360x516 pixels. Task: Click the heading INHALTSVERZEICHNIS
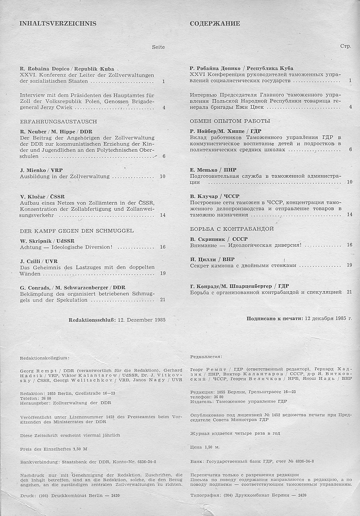point(58,24)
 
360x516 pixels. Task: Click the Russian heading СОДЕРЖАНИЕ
point(215,24)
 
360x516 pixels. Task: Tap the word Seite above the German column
point(158,47)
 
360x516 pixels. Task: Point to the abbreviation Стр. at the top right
point(345,47)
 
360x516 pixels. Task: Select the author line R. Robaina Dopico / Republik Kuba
point(67,68)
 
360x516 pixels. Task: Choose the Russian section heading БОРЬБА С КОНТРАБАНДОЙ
point(231,228)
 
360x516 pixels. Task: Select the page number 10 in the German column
point(162,176)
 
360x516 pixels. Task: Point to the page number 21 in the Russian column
point(349,291)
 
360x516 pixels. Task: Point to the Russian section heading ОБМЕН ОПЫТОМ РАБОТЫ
point(230,121)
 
